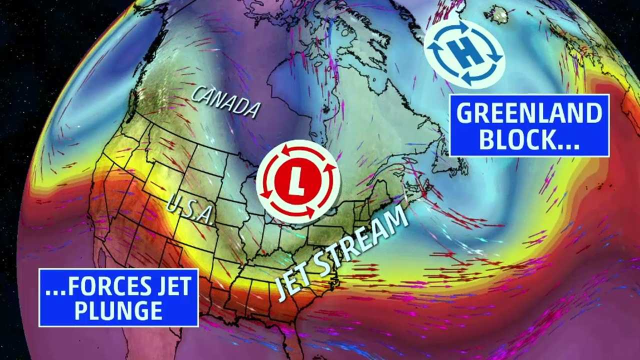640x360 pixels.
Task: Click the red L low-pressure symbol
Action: point(298,181)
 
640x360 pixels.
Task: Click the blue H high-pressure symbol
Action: point(464,53)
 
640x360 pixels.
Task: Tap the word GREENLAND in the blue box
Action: point(529,114)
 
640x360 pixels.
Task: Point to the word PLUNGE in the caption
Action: point(118,311)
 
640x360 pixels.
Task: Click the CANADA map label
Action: point(226,102)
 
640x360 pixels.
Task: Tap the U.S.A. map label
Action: point(189,209)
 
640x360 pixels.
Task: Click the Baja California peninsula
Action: point(102,260)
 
